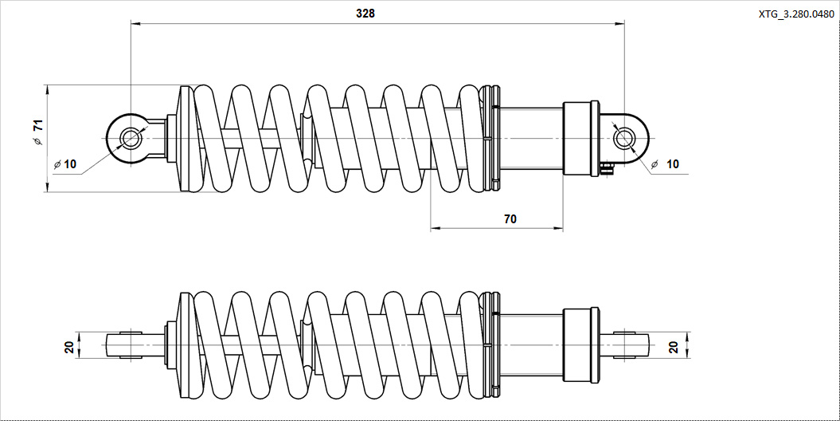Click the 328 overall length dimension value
click(x=365, y=14)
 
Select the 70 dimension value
click(x=510, y=218)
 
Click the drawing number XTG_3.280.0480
click(x=796, y=14)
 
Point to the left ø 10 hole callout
click(x=65, y=164)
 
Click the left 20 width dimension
click(x=69, y=346)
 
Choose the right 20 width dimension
click(x=674, y=346)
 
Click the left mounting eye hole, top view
click(x=130, y=139)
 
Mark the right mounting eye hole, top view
click(x=624, y=139)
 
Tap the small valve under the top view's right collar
click(x=608, y=167)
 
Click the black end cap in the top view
click(x=580, y=138)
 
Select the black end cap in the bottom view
click(x=580, y=345)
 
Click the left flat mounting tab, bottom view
click(x=124, y=345)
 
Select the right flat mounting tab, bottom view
click(x=631, y=345)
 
